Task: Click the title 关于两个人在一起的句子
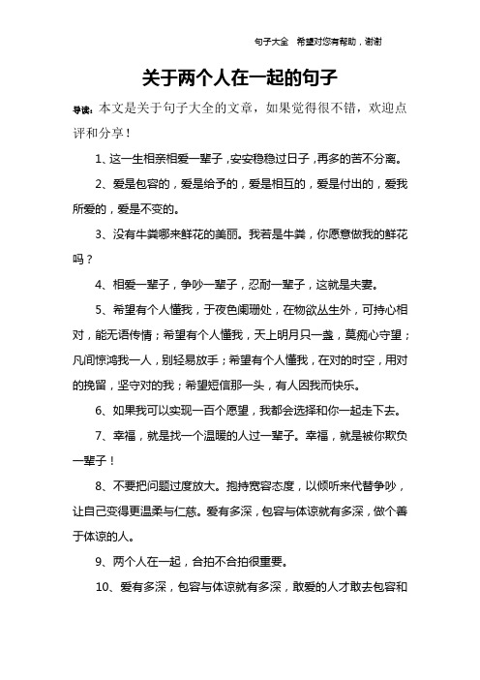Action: tap(239, 75)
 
